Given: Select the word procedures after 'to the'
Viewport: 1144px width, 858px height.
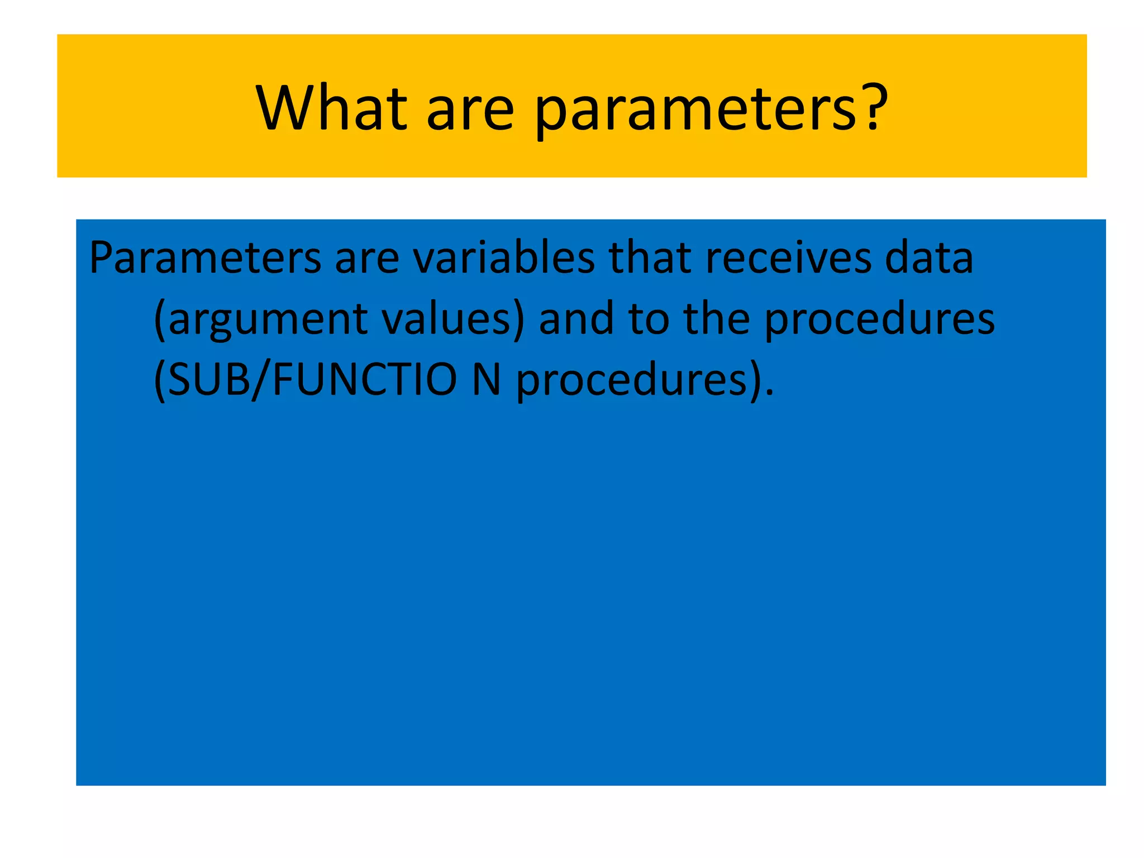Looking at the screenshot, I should click(879, 321).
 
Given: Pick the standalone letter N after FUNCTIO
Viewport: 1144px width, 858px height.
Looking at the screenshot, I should click(486, 380).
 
